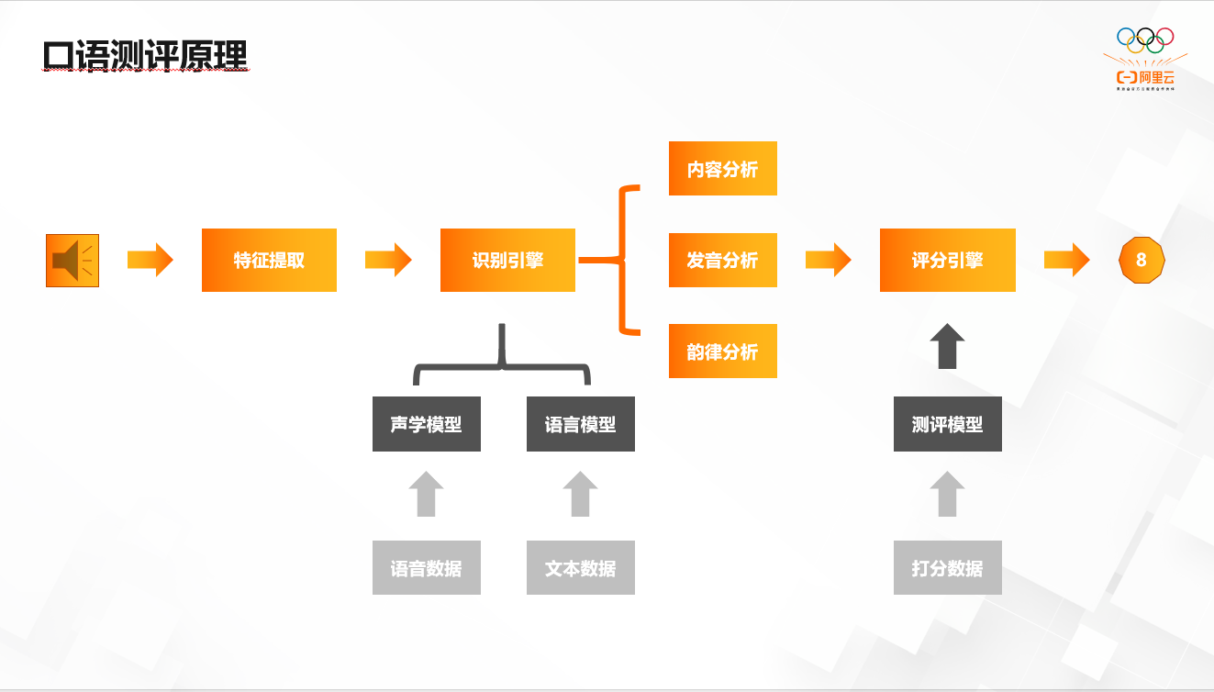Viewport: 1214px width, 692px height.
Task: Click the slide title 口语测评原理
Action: (x=145, y=56)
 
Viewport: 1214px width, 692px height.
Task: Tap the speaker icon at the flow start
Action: (x=72, y=261)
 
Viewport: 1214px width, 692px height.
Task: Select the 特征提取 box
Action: (x=269, y=261)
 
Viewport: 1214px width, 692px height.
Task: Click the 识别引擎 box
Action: (x=507, y=261)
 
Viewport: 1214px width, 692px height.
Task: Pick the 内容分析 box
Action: (x=722, y=169)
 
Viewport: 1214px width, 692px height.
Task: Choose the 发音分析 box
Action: (x=722, y=261)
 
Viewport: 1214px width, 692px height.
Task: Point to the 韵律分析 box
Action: (x=722, y=352)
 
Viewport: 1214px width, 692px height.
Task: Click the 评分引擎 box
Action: (x=947, y=261)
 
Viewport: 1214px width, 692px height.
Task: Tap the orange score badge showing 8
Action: (x=1141, y=261)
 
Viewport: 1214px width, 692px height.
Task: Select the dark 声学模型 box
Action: (x=426, y=424)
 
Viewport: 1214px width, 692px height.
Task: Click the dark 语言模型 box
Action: (x=580, y=424)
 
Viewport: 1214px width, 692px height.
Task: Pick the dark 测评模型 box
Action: (x=947, y=424)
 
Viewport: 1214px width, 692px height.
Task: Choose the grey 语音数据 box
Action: (x=426, y=568)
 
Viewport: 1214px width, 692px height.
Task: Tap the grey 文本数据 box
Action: (x=580, y=568)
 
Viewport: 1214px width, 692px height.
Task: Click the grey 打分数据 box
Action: (x=947, y=568)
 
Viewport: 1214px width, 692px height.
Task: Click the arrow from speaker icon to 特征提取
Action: (x=150, y=261)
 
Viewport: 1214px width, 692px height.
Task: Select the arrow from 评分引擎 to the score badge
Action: (x=1066, y=261)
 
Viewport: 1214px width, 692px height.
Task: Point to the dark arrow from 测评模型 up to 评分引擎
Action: (x=947, y=346)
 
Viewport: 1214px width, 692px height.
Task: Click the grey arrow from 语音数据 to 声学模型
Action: (x=426, y=495)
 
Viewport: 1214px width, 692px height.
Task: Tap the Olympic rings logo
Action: (x=1144, y=39)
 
